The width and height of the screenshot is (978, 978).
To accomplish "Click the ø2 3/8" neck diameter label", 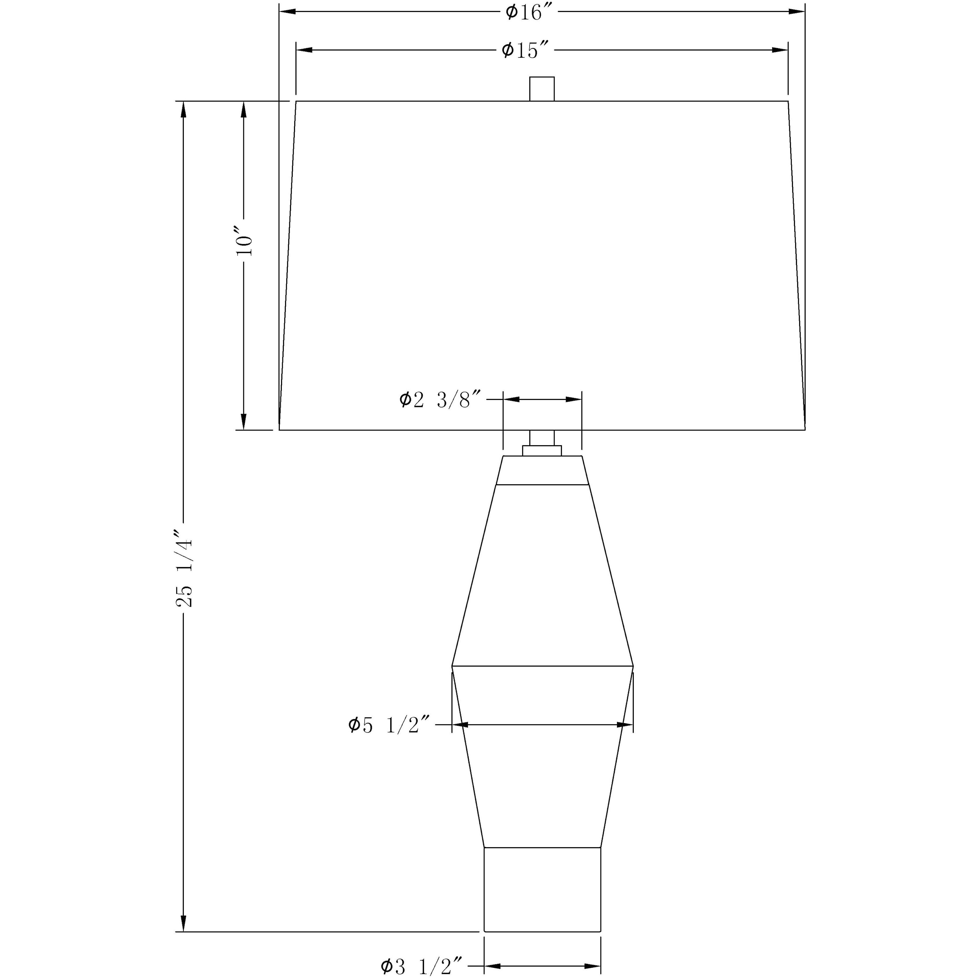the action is coord(440,400).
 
